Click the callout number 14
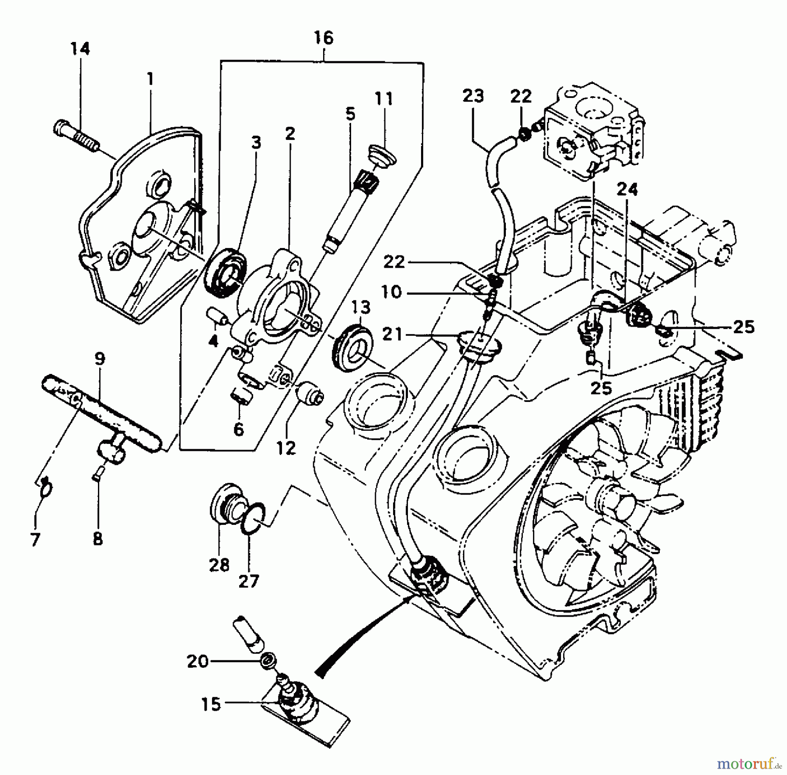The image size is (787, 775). click(80, 49)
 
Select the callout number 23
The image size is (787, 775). click(473, 96)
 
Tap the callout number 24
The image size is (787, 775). click(627, 190)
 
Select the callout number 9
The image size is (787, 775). click(100, 359)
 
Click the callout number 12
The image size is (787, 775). click(286, 448)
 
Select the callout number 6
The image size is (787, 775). click(238, 429)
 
